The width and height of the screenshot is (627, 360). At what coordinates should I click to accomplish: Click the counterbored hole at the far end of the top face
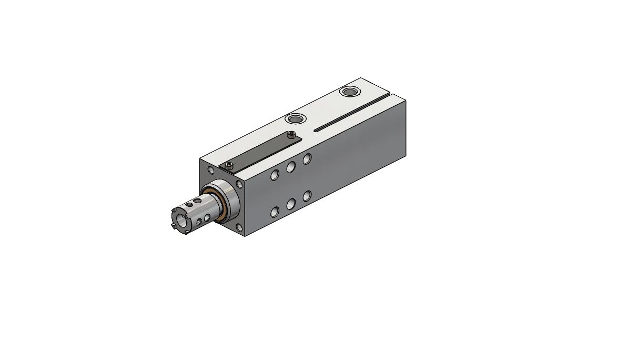tap(348, 92)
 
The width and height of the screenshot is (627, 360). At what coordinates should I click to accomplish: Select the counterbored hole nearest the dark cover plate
tap(296, 118)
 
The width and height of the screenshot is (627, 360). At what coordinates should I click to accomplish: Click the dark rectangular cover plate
tap(260, 153)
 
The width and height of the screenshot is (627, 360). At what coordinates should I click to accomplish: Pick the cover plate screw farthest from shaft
tap(291, 135)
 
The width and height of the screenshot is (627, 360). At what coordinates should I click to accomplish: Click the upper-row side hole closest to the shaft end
tap(274, 175)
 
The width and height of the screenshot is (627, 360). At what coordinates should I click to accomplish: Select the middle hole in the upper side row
tap(290, 167)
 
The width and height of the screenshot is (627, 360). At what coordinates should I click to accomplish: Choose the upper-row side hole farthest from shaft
tap(307, 158)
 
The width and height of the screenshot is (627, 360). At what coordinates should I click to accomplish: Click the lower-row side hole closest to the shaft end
tap(274, 212)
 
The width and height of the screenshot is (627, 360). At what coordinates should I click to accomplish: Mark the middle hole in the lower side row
tap(290, 204)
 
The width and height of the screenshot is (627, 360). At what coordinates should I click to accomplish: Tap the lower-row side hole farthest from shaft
tap(307, 196)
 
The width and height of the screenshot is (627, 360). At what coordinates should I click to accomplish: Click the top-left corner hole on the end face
tap(211, 170)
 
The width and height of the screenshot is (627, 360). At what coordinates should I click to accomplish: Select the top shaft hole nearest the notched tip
tap(197, 201)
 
